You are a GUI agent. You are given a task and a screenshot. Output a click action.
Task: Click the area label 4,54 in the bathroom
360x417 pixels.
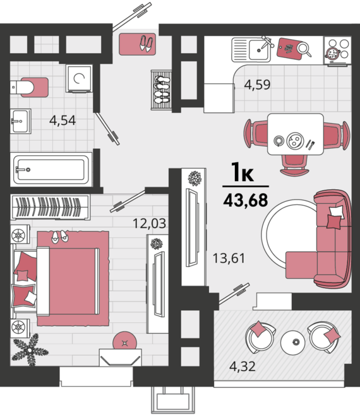pyautogui.click(x=63, y=120)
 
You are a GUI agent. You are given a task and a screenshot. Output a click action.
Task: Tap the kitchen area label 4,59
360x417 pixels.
pyautogui.click(x=257, y=85)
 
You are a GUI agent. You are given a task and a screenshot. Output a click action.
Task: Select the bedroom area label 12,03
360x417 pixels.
pyautogui.click(x=150, y=223)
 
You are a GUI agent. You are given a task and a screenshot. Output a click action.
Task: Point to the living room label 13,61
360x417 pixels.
pyautogui.click(x=229, y=258)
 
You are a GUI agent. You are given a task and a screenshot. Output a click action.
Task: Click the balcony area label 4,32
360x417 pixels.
pyautogui.click(x=243, y=366)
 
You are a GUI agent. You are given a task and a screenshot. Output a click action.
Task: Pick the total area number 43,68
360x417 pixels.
pyautogui.click(x=246, y=200)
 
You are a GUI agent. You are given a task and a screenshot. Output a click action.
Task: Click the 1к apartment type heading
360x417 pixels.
pyautogui.click(x=243, y=172)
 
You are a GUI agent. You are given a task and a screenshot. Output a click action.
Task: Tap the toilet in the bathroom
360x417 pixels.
pyautogui.click(x=29, y=87)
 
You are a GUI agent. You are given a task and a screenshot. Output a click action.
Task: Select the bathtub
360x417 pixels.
pyautogui.click(x=51, y=170)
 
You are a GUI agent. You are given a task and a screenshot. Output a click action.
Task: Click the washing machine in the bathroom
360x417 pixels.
pyautogui.click(x=79, y=78)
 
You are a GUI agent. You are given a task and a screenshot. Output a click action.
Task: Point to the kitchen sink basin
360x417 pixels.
pyautogui.click(x=258, y=49)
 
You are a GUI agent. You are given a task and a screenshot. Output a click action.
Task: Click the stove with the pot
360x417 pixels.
pyautogui.click(x=337, y=50)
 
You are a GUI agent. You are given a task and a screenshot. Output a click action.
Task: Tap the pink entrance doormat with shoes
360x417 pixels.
pyautogui.click(x=138, y=44)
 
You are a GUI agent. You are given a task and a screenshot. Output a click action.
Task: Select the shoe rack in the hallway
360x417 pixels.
pyautogui.click(x=161, y=90)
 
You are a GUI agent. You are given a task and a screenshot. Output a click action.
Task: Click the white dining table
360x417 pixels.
pyautogui.click(x=296, y=134)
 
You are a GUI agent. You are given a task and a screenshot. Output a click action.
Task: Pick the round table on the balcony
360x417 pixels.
pyautogui.click(x=293, y=343)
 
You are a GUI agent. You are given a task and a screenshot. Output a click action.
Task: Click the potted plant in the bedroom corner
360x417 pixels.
pyautogui.click(x=30, y=349)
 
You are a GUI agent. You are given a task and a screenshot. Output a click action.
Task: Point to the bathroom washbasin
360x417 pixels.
pyautogui.click(x=21, y=121)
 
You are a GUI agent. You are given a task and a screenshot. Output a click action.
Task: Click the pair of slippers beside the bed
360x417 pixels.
pyautogui.click(x=59, y=237)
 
